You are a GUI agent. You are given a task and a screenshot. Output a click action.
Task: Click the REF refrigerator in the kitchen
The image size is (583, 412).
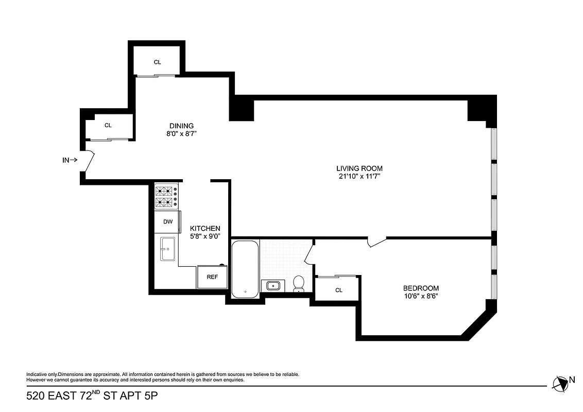click(x=212, y=277)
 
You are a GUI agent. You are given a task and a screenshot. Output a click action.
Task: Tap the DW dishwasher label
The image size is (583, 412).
click(x=167, y=222)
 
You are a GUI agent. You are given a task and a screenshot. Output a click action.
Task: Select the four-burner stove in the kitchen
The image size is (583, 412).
click(x=166, y=197)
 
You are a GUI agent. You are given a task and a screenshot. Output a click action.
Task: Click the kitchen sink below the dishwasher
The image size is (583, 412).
click(x=167, y=249)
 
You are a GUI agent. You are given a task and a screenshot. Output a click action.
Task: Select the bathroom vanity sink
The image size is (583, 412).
click(x=273, y=285)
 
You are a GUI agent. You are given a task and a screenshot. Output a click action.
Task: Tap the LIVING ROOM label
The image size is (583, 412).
click(x=359, y=168)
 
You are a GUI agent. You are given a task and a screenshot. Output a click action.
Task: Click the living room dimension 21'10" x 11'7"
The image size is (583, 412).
click(x=359, y=177)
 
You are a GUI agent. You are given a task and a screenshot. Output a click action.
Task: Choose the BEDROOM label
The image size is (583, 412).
click(x=421, y=288)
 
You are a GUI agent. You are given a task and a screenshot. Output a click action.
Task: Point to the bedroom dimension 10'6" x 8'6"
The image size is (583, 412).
click(x=421, y=296)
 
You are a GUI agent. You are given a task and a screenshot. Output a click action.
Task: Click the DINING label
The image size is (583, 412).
click(x=181, y=126)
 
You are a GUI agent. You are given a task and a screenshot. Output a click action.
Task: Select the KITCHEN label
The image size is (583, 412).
click(x=205, y=228)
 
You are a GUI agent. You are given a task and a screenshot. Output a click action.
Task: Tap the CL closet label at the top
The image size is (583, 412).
click(x=158, y=62)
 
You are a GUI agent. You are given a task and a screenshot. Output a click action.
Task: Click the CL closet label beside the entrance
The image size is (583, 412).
click(x=108, y=125)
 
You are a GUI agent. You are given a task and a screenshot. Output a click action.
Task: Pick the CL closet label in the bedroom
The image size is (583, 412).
click(x=338, y=290)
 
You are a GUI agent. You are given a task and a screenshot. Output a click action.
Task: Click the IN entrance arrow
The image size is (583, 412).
click(x=70, y=160)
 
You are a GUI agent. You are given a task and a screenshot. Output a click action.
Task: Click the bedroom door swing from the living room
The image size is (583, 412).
click(x=376, y=241)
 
